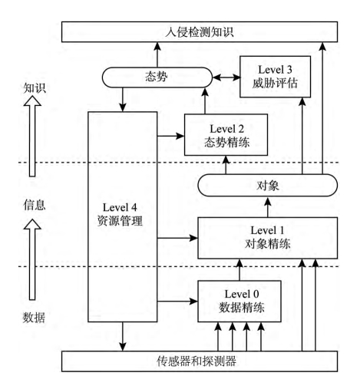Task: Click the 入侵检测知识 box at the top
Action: tap(200, 32)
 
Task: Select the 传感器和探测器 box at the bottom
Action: tap(200, 361)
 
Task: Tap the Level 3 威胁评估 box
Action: tap(276, 77)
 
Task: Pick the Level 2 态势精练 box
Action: tap(226, 135)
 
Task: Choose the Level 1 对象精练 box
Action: tap(268, 238)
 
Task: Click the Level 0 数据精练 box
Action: tap(239, 302)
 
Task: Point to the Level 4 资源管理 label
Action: tap(120, 214)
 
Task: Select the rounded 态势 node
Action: tap(157, 77)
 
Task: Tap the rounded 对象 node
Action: tap(268, 186)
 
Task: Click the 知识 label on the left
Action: tap(35, 88)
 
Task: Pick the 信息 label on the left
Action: tap(35, 205)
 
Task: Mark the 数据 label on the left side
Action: tap(34, 318)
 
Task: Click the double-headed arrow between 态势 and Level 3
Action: tap(226, 77)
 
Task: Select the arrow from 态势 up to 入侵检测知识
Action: tap(157, 54)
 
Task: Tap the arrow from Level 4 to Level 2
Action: tap(170, 136)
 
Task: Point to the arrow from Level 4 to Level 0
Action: tap(177, 302)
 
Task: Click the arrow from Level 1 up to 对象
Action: tap(268, 207)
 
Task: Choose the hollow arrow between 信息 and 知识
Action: tap(32, 137)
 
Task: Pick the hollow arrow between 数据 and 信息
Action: tap(32, 259)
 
